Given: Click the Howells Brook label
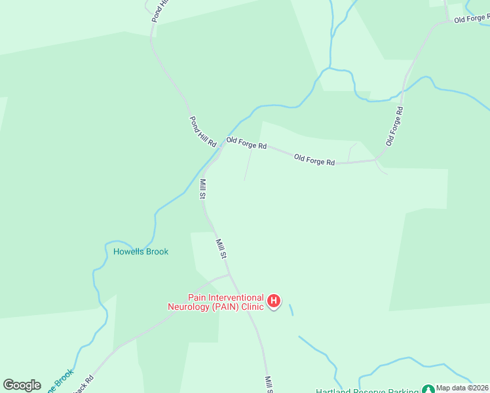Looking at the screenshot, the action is (x=141, y=252).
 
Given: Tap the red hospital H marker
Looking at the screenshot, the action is (x=275, y=301).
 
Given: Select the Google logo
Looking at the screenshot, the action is (x=22, y=385).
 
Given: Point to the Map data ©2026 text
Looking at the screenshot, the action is (x=462, y=388).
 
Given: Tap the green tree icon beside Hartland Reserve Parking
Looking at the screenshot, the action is (x=428, y=390).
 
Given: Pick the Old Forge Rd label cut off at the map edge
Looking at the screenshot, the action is (x=471, y=18).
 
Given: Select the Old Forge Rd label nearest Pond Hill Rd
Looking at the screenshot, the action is (x=246, y=143).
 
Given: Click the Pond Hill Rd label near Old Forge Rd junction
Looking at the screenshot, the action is (x=202, y=132).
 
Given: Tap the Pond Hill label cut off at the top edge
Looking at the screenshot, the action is (x=160, y=11).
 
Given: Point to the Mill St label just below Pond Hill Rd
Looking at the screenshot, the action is (x=203, y=189).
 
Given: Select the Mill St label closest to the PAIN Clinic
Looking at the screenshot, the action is (x=221, y=248).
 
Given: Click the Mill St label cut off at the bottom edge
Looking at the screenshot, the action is (x=269, y=384).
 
